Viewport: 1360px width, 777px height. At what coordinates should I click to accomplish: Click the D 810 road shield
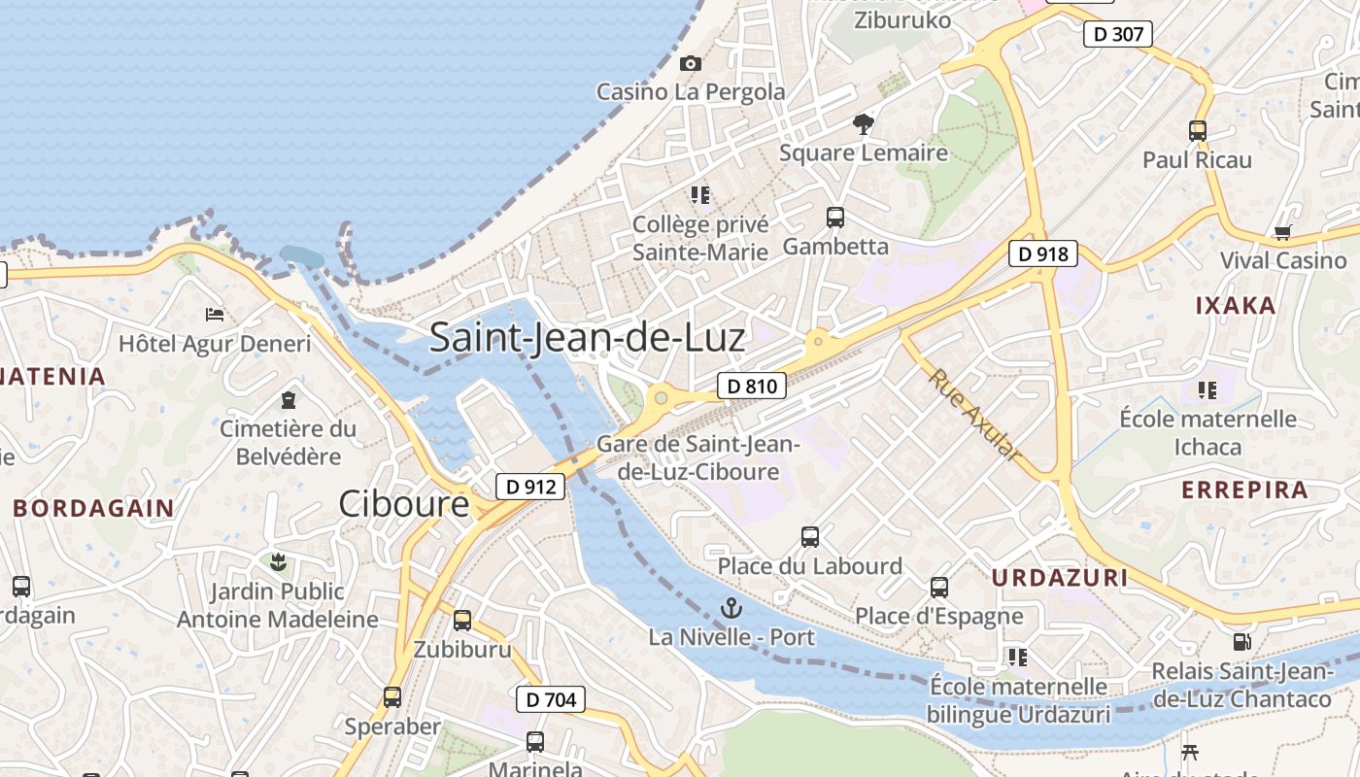pos(751,386)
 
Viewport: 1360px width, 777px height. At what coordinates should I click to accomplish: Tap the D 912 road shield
pos(530,486)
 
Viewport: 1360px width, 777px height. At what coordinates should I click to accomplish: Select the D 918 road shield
pos(1043,254)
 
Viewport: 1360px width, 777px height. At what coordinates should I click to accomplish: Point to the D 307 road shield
pos(1117,34)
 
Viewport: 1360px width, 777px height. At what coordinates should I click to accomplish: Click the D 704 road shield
pos(551,698)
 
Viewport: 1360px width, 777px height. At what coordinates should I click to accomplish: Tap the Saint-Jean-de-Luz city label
pos(587,337)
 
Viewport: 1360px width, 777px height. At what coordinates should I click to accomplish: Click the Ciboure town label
pos(403,503)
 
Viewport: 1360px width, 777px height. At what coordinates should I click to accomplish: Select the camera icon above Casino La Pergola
pos(691,63)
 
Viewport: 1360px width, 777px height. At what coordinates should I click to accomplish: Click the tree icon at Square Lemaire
pos(863,123)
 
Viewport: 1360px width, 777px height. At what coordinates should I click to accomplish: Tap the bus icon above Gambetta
pos(835,217)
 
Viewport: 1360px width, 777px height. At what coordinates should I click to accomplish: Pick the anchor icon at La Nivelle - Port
pos(731,608)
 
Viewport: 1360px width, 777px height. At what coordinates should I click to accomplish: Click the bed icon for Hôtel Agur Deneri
pos(215,314)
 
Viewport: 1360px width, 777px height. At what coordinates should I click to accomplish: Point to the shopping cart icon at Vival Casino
pos(1282,232)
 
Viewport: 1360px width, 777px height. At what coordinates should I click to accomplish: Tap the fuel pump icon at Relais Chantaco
pos(1241,641)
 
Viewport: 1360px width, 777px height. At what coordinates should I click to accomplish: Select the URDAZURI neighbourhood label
pos(1060,578)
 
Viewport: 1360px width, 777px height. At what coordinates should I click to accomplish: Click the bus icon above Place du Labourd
pos(810,536)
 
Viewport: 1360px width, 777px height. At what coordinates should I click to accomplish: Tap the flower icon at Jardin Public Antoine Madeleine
pos(278,560)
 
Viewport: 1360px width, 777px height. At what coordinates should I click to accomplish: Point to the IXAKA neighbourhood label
pos(1235,306)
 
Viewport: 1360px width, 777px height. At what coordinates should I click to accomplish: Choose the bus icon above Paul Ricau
pos(1198,130)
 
